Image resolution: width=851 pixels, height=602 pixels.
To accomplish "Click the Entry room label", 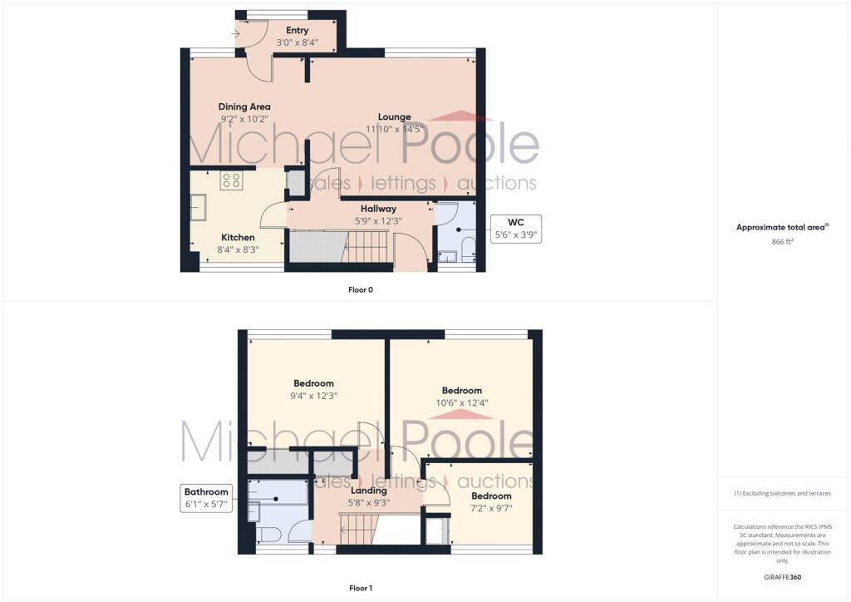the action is pos(297,31).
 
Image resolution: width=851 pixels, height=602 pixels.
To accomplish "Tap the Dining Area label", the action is pos(244,107).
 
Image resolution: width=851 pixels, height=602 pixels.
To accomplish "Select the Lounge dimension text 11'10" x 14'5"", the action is pos(395,129).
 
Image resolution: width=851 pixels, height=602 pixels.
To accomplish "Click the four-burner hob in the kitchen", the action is pos(231,180).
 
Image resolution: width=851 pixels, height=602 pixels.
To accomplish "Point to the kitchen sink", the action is pos(198,207).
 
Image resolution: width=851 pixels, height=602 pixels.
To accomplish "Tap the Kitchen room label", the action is pos(238,237).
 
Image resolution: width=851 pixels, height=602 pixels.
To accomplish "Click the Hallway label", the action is pos(378,209).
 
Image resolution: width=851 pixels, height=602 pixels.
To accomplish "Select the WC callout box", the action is pos(515,229).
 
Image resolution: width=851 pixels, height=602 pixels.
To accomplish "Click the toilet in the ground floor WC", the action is pos(467,249).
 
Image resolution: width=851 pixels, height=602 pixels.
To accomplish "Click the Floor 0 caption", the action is pos(361,290).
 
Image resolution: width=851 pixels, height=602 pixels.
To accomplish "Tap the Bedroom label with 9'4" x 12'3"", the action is pos(313,383).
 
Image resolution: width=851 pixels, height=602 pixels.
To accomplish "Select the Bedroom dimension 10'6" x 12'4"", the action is pos(462,402).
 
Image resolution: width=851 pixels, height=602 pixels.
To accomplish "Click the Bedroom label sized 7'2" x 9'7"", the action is pos(491,496).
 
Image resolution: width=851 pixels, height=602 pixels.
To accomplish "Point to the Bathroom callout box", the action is pos(206,498).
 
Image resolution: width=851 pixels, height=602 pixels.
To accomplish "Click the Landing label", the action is pos(368,491).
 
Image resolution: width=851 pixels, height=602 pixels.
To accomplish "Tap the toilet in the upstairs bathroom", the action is pos(268,535).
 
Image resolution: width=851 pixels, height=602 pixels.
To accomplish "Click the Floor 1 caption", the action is pos(361,588).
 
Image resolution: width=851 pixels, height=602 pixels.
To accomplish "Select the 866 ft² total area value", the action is pos(782,242).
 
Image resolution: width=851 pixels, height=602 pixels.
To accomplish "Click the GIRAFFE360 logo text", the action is pos(782,577).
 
